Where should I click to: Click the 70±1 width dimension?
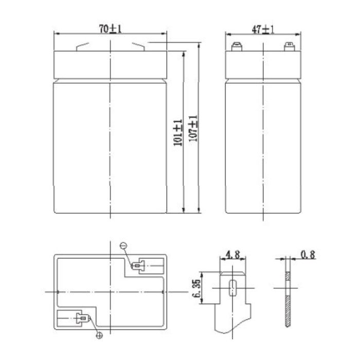(x=111, y=29)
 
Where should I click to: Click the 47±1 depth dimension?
(x=263, y=29)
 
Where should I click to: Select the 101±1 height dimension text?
(x=178, y=133)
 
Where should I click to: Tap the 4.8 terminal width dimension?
(x=232, y=254)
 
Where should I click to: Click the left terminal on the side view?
(x=237, y=47)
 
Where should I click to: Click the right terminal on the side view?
(x=289, y=47)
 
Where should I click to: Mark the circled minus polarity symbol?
(x=123, y=246)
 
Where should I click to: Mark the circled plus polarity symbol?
(x=99, y=335)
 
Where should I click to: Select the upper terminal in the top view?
(x=138, y=266)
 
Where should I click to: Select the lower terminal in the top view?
(x=81, y=318)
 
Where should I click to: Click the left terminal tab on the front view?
(x=82, y=47)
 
